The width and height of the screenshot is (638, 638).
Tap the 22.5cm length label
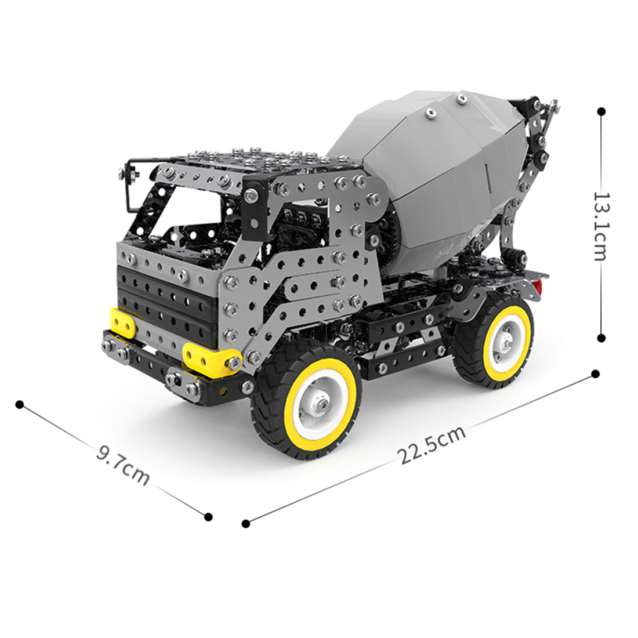tap(432, 445)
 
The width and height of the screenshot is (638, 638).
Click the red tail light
tap(538, 287)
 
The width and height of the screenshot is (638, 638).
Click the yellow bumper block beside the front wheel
tap(211, 358)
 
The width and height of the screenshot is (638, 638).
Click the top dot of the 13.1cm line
tap(601, 111)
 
